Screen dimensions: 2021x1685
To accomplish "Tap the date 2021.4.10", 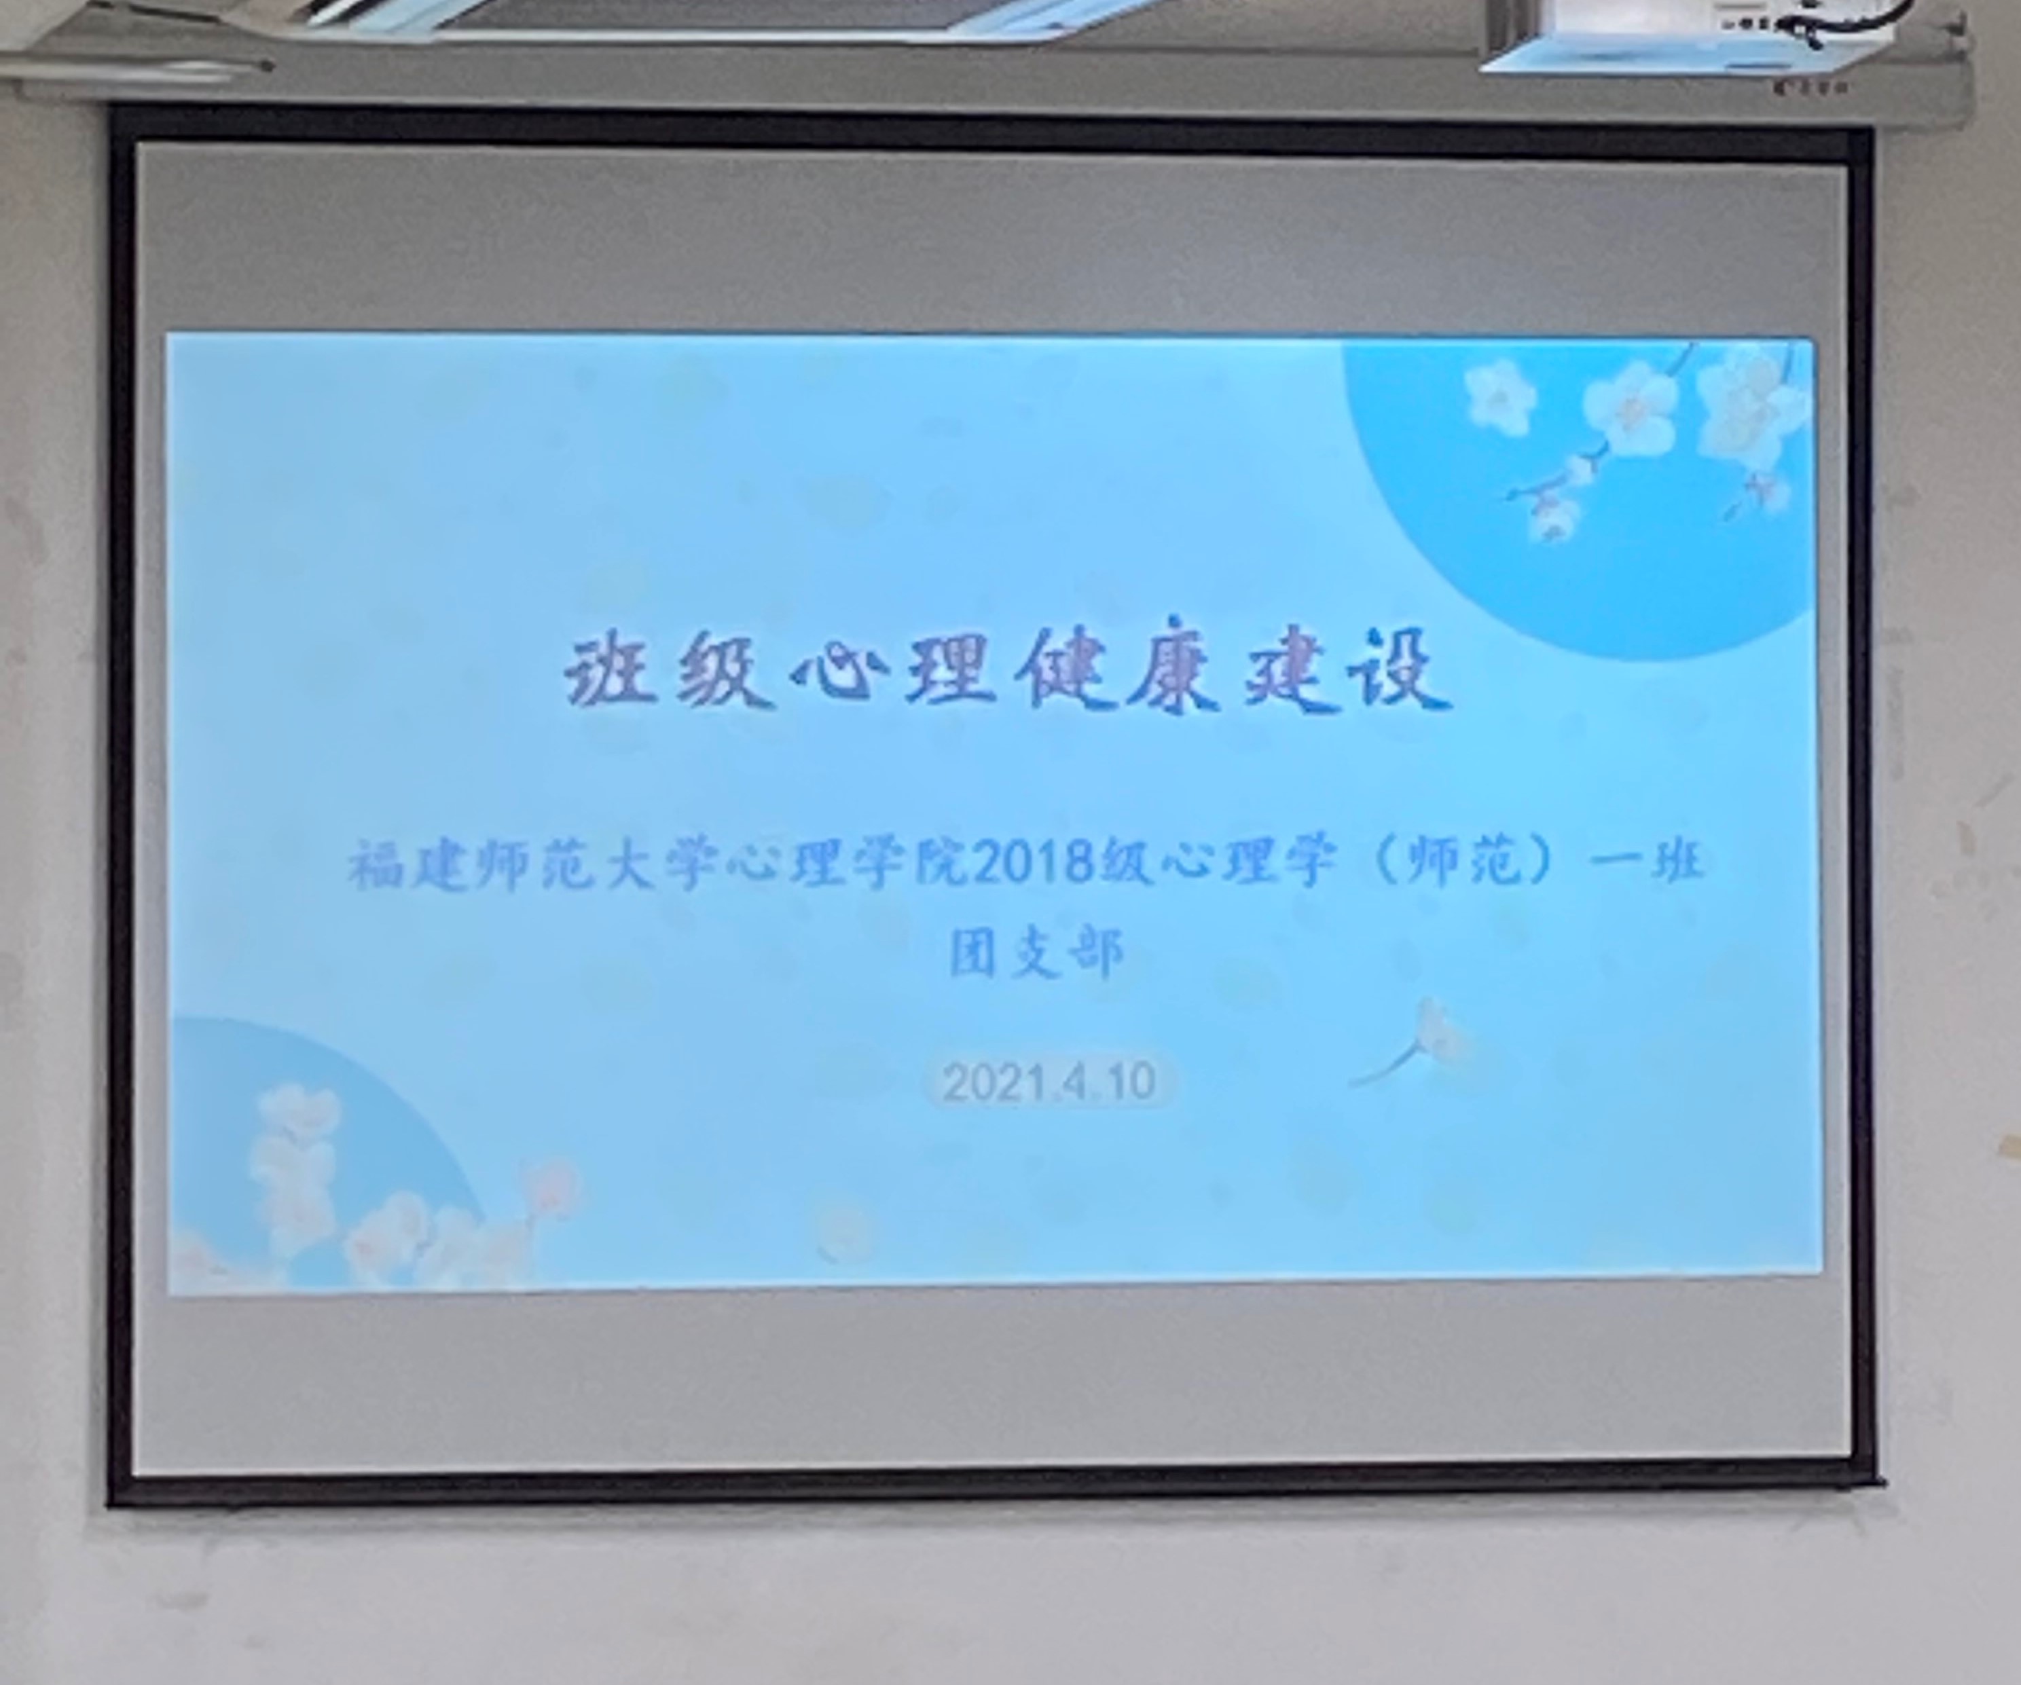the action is click(x=1049, y=1081).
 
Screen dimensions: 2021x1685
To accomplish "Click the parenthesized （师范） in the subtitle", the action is click(x=1462, y=860).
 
